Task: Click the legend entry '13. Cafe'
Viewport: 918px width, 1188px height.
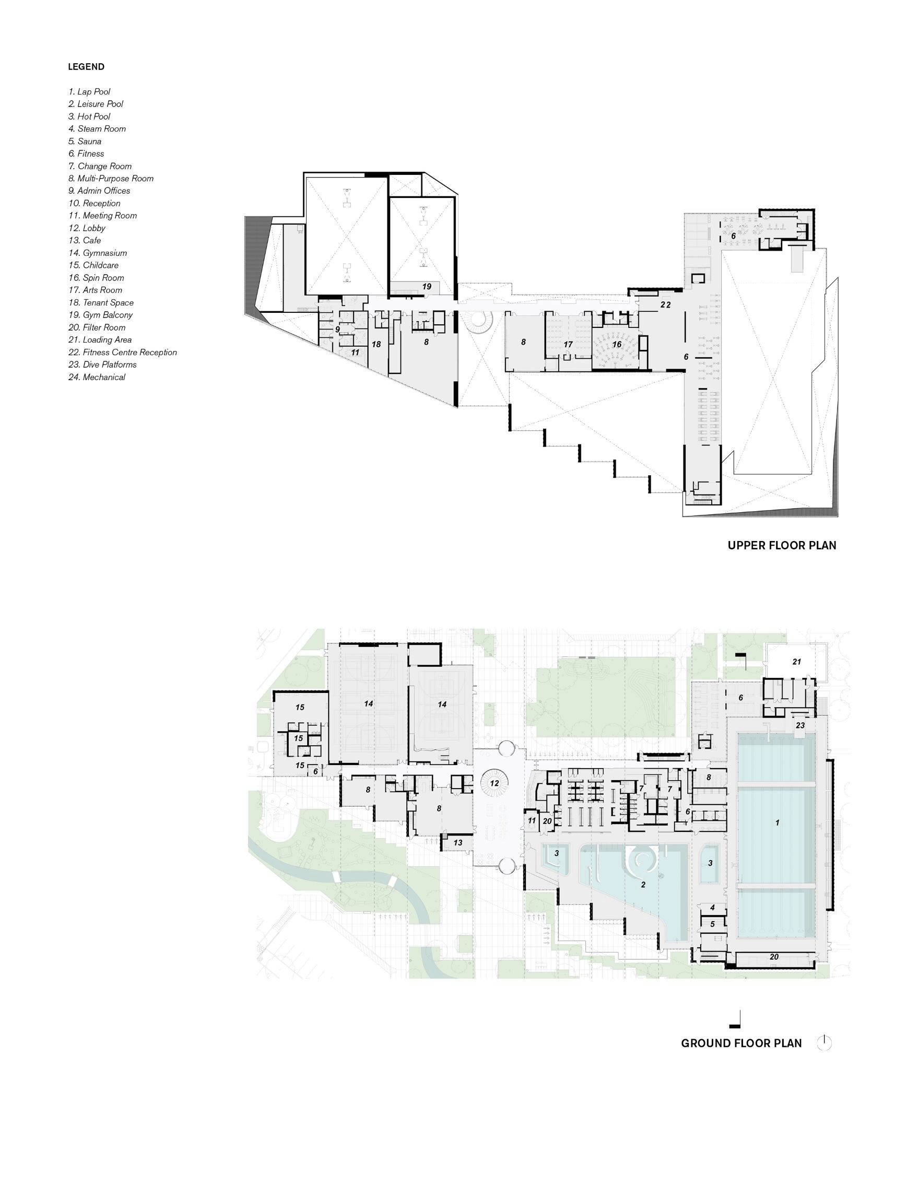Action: [85, 240]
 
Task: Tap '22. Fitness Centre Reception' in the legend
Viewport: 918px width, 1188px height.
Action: [122, 352]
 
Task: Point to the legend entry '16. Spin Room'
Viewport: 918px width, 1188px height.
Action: [96, 278]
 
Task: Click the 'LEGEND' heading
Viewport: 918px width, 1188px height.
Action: [86, 67]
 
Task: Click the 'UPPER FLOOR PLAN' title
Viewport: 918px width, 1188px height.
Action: [782, 545]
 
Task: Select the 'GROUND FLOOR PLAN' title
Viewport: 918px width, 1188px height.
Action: [742, 1043]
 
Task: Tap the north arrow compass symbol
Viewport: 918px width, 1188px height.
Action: [825, 1043]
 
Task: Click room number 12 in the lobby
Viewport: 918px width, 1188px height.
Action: [495, 783]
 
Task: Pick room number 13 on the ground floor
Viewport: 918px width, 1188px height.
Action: [458, 843]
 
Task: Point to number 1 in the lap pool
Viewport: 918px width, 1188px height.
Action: [777, 823]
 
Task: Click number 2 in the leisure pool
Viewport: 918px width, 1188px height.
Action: [643, 885]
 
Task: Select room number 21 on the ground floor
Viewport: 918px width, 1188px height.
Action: [797, 662]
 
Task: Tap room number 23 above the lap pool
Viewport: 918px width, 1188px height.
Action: [800, 726]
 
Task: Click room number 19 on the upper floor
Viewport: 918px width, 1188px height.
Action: [427, 286]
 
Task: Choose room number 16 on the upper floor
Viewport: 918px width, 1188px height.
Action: [617, 344]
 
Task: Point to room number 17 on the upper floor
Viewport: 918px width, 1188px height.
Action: [568, 344]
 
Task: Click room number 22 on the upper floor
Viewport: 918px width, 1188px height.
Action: [666, 305]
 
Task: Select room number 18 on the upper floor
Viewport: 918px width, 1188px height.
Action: [376, 344]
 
